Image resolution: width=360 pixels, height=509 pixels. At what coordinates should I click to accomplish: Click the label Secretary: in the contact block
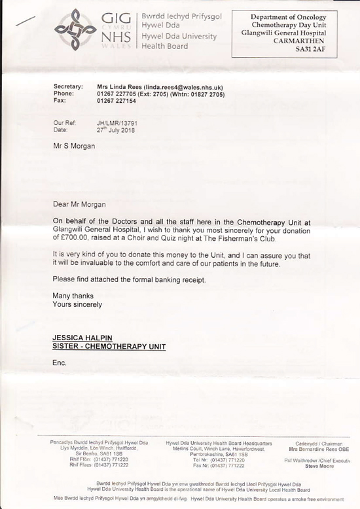67,87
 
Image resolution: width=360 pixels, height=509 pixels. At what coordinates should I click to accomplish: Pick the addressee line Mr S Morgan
75,145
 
